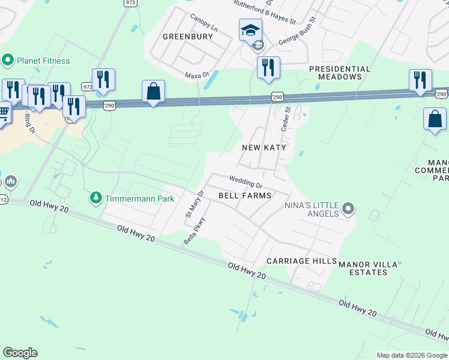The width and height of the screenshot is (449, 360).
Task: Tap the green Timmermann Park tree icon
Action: (x=95, y=198)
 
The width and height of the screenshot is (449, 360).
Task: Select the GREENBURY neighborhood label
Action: (x=188, y=37)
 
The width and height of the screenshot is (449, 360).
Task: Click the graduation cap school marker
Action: (x=250, y=29)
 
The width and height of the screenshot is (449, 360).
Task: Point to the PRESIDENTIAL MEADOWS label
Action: (x=340, y=73)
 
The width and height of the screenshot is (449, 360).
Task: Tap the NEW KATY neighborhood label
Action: (x=264, y=147)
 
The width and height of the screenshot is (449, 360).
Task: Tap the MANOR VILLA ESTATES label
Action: (x=368, y=268)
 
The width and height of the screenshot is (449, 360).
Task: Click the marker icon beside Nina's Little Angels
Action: (x=348, y=209)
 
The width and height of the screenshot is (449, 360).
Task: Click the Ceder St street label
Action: (x=286, y=119)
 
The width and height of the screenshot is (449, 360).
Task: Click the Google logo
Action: (x=20, y=353)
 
